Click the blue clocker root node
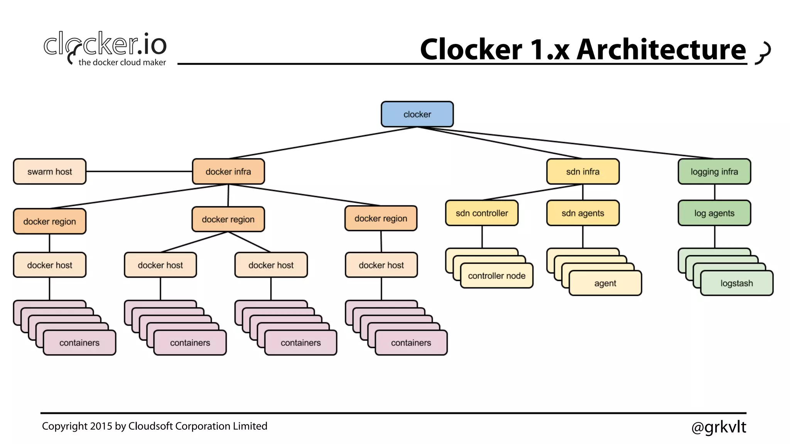[x=417, y=114]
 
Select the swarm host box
[x=49, y=172]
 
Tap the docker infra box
[x=228, y=172]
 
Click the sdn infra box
[x=582, y=172]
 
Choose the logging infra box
[x=714, y=172]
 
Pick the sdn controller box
[x=481, y=213]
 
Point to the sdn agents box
[x=582, y=213]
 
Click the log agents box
[x=714, y=213]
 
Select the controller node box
[x=496, y=276]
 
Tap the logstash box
[x=736, y=283]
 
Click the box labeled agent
[x=605, y=283]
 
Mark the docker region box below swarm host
[x=49, y=221]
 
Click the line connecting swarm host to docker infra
[x=139, y=171]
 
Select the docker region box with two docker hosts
[x=228, y=219]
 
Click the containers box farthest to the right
[x=411, y=343]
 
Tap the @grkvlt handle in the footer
[x=718, y=427]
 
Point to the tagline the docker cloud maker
[x=122, y=62]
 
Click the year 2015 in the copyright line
[x=101, y=426]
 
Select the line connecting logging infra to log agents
[x=714, y=192]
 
